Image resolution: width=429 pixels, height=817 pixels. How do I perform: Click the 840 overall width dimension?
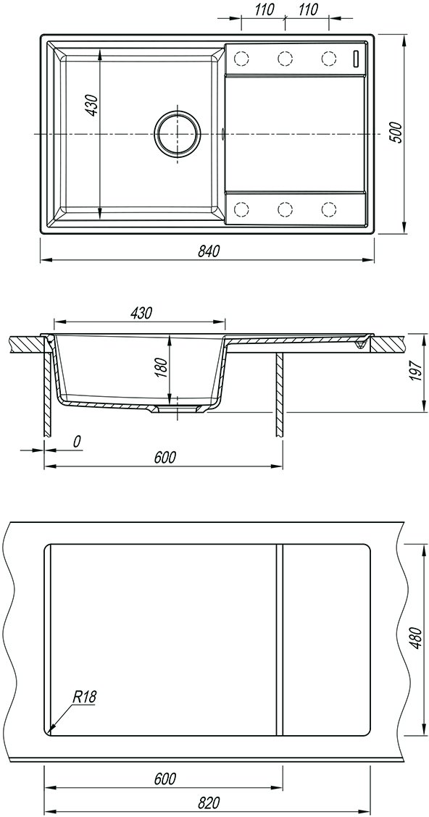(x=207, y=251)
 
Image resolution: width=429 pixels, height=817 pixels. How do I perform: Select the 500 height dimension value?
(x=396, y=133)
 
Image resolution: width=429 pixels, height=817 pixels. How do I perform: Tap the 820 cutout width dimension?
(x=209, y=802)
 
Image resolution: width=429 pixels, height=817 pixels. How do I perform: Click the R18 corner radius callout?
(x=86, y=697)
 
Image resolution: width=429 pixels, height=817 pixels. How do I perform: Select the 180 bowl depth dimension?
(x=162, y=369)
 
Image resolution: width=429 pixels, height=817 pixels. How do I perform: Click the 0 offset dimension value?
(x=77, y=442)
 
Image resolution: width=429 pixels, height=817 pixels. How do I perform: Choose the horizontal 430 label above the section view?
(x=141, y=313)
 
